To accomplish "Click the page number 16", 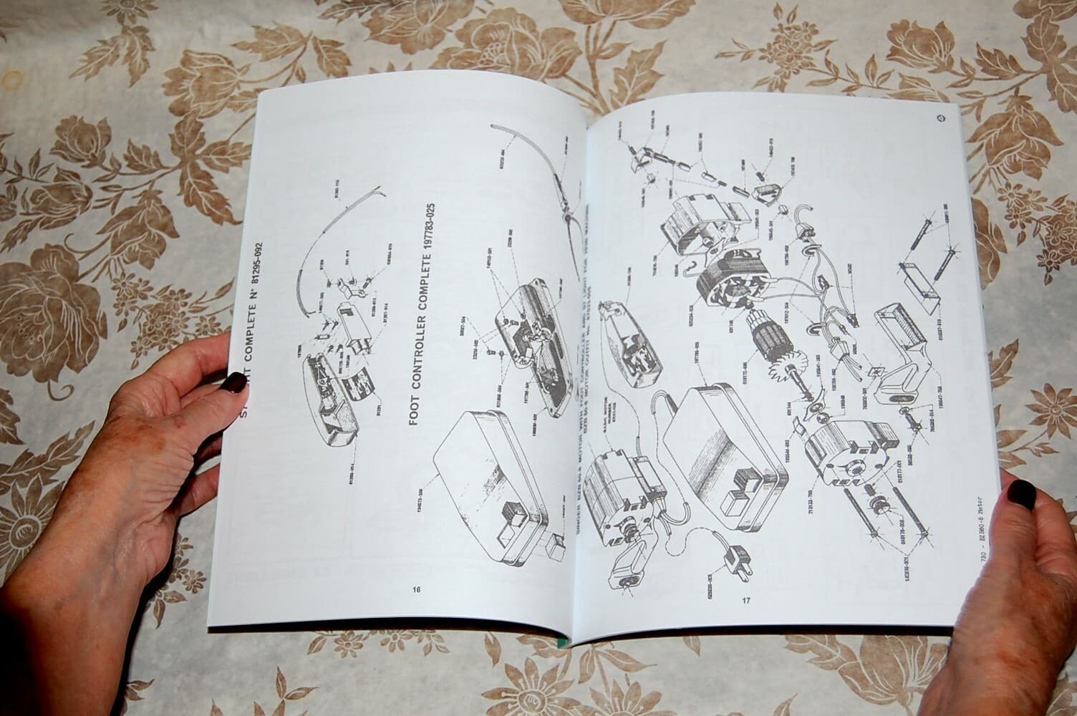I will pyautogui.click(x=417, y=590).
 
